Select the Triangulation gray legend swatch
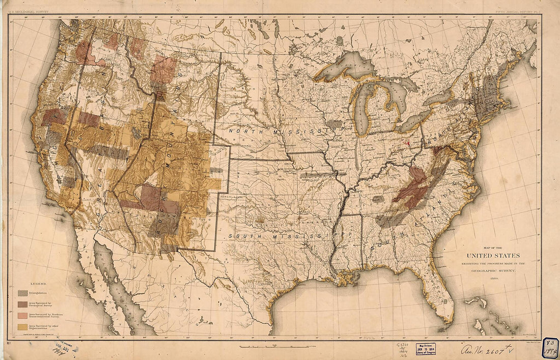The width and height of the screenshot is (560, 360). tap(23, 293)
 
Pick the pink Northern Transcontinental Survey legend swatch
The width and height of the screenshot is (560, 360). tap(23, 315)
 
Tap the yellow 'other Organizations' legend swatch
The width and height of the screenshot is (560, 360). tap(23, 326)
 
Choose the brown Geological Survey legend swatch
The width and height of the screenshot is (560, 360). tap(23, 304)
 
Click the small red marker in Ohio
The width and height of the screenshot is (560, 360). tap(407, 143)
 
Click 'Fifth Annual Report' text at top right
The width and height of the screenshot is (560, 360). tap(514, 11)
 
